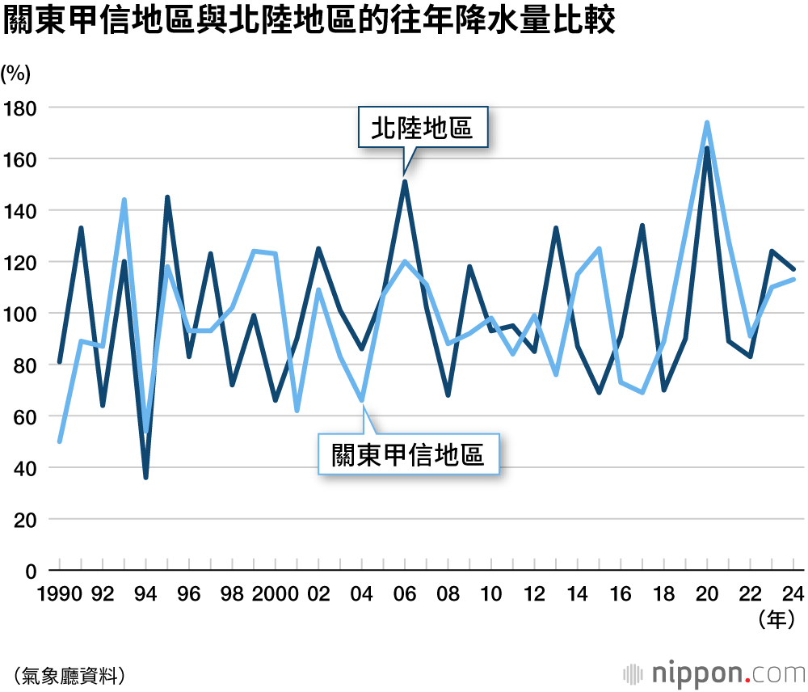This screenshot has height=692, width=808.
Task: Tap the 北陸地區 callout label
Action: (x=423, y=128)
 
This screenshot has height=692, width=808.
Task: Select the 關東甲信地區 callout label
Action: (x=408, y=455)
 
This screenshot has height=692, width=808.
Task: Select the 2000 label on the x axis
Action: (x=275, y=594)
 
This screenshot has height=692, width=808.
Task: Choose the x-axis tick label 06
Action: (x=405, y=594)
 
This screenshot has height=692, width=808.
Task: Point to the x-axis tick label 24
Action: (x=794, y=594)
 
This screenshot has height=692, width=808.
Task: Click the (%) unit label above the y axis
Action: (x=16, y=74)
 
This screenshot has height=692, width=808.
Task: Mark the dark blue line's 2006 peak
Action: (x=405, y=181)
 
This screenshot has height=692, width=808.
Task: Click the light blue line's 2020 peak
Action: (x=707, y=123)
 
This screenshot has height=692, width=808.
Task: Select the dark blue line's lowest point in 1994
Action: (x=146, y=478)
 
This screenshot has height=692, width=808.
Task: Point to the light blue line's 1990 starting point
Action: (x=60, y=441)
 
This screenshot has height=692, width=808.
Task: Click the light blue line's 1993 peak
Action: (x=124, y=200)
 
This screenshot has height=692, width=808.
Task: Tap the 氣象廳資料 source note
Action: (x=69, y=673)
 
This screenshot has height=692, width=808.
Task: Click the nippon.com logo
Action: (x=715, y=673)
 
